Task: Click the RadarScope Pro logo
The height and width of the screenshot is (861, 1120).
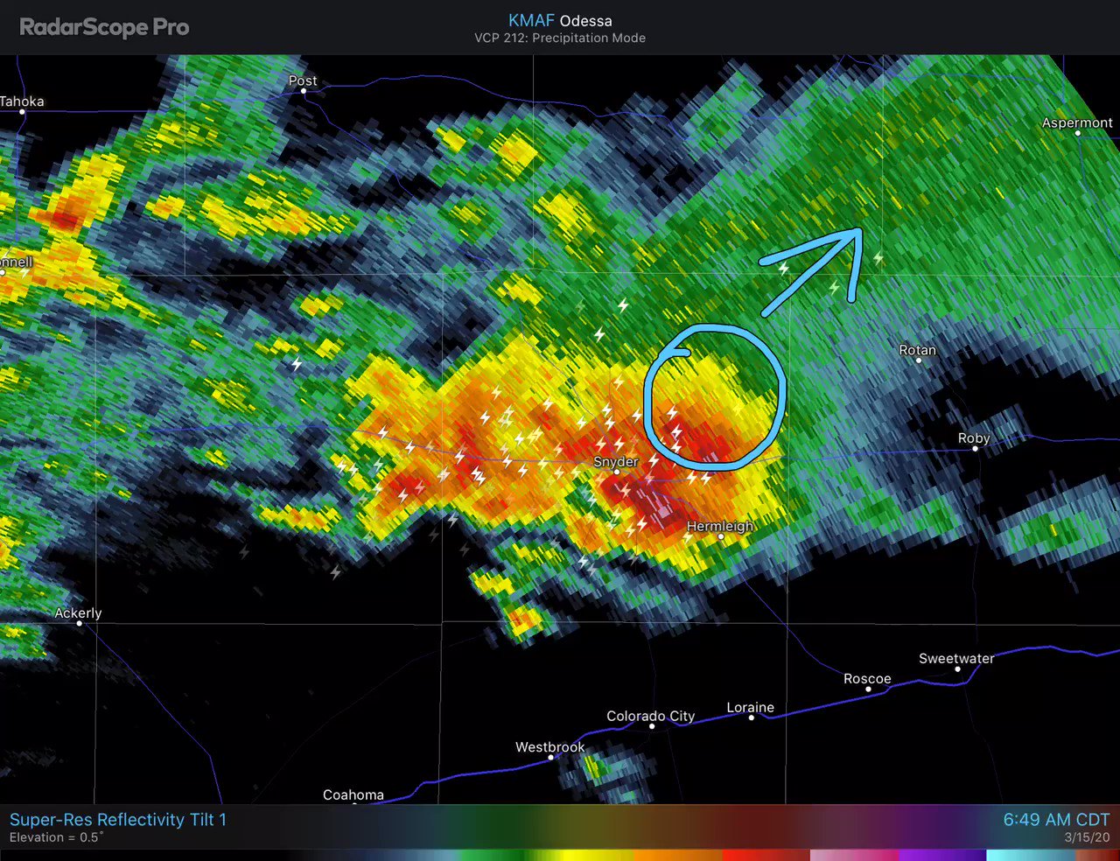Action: pos(104,27)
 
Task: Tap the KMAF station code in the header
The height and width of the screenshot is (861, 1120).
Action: pos(530,20)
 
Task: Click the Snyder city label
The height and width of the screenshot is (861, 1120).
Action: pos(616,461)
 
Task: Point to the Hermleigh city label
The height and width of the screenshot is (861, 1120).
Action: pos(720,526)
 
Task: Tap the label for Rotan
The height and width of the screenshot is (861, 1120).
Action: pos(917,350)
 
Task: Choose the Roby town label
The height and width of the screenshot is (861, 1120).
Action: pos(974,438)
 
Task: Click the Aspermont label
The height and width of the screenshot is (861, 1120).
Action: pos(1076,122)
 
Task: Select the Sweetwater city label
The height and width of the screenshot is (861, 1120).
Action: pos(956,658)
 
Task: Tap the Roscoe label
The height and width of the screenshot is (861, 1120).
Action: pos(867,678)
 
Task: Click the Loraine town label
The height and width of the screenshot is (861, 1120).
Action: pos(750,707)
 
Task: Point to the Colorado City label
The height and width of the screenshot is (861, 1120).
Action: pos(650,716)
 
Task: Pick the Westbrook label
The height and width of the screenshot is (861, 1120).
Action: pos(549,746)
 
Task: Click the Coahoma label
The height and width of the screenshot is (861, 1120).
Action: pos(353,794)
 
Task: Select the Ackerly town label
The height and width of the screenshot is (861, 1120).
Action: pos(78,612)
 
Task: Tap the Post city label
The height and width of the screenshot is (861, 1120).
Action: pos(303,80)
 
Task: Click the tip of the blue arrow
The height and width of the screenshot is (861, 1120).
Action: pos(861,231)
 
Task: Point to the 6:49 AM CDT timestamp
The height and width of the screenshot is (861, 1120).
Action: pos(1055,820)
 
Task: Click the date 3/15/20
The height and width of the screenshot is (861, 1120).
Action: pos(1087,838)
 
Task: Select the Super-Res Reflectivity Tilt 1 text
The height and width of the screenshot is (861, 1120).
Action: pos(118,820)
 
